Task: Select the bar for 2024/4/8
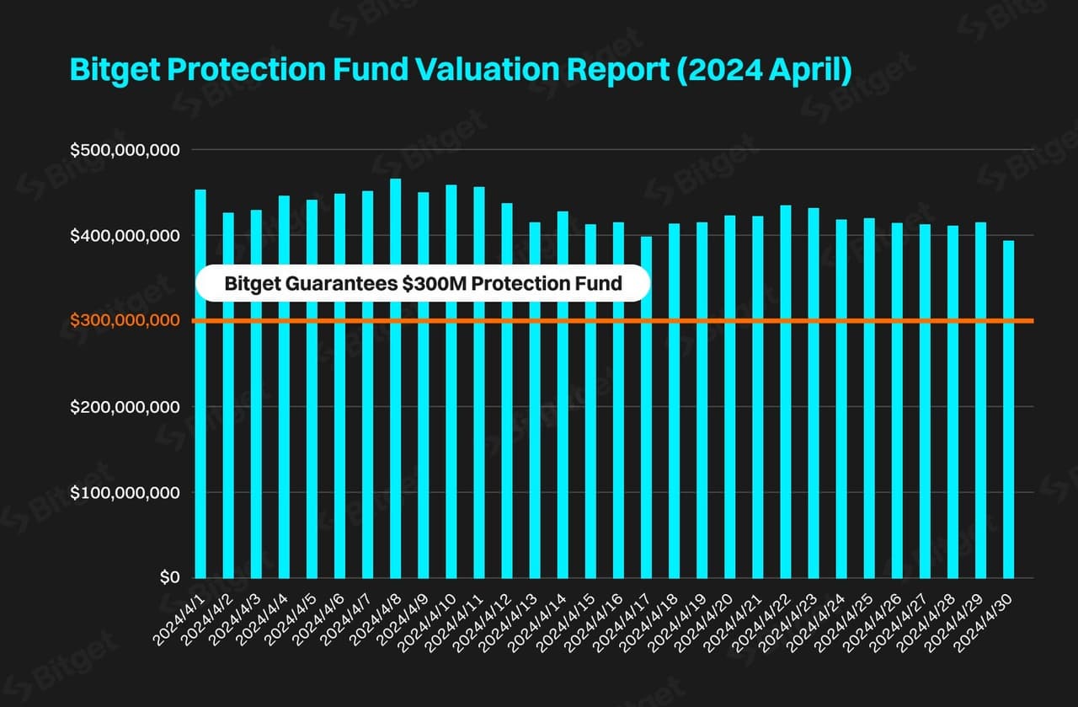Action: pyautogui.click(x=396, y=378)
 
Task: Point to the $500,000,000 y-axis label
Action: pyautogui.click(x=125, y=150)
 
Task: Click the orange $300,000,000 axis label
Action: pyautogui.click(x=125, y=320)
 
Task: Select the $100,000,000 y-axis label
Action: pyautogui.click(x=125, y=492)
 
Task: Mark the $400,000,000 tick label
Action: pyautogui.click(x=125, y=236)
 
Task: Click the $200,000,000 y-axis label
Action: pyautogui.click(x=125, y=407)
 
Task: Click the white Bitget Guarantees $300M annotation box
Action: pyautogui.click(x=423, y=284)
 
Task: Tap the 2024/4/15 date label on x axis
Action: pyautogui.click(x=567, y=620)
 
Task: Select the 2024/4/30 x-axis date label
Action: pyautogui.click(x=984, y=620)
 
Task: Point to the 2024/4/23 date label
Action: pyautogui.click(x=789, y=620)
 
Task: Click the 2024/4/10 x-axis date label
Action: pyautogui.click(x=428, y=620)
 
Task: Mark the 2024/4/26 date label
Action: pyautogui.click(x=873, y=620)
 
